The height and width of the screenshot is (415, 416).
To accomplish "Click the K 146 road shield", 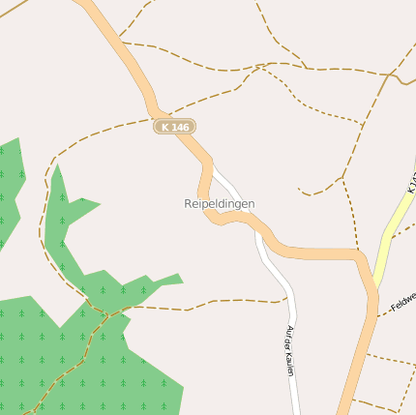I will coord(175,127).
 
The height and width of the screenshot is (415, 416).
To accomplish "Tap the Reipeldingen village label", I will coord(220,204).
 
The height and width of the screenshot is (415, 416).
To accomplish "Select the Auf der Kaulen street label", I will coord(288,350).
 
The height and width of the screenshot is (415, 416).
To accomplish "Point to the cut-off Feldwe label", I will coord(401,305).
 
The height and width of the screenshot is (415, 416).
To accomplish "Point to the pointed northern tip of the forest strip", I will coord(57,166).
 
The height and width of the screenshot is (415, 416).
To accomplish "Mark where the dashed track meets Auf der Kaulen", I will coord(288,300).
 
